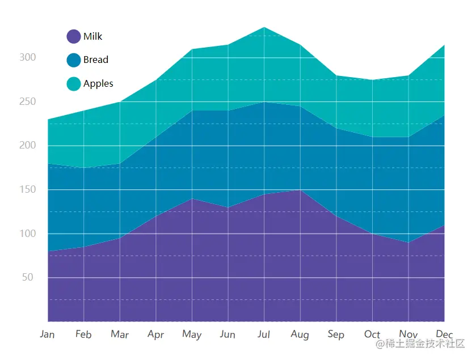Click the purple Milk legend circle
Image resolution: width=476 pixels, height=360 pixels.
pos(74,36)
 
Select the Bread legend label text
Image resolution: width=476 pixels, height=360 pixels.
pos(95,60)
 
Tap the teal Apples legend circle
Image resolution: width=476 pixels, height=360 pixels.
pos(74,84)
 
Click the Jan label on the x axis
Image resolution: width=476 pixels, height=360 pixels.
pos(48,334)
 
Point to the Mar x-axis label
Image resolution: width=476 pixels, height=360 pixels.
pos(120,334)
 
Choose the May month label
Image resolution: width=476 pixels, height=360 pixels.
pos(192,334)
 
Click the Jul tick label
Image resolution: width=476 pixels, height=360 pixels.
pos(264,334)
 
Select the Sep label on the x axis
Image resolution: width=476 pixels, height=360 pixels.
pos(336,334)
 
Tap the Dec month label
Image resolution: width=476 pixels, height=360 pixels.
pos(444,334)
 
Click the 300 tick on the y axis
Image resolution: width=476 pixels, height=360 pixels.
pos(27,57)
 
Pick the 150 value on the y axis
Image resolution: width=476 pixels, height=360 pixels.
pos(27,189)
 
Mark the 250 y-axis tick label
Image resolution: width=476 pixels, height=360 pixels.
pos(27,101)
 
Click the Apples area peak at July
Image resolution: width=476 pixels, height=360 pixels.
pos(264,27)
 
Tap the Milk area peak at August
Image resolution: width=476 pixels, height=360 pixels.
pos(300,190)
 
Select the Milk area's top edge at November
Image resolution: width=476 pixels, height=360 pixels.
pos(408,243)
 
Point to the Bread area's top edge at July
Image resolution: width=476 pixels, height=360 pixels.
pos(264,102)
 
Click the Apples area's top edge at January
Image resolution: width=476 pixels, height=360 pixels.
pos(48,120)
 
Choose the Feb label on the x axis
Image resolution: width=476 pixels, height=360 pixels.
pos(83,334)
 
